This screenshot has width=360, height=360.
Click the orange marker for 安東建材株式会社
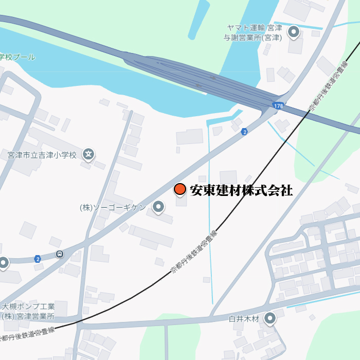click(x=179, y=190)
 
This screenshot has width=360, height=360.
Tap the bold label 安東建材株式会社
click(x=241, y=190)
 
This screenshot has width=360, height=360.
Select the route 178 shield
click(x=277, y=105)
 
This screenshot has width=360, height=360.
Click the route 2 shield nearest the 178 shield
click(x=244, y=132)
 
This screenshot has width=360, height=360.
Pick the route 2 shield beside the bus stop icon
click(x=38, y=258)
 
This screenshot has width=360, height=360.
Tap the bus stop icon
click(x=60, y=254)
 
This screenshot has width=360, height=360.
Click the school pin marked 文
click(x=88, y=154)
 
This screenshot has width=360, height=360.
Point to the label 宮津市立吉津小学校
click(x=42, y=154)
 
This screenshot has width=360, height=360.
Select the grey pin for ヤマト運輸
click(x=294, y=32)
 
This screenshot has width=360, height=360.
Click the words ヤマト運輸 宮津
click(x=255, y=28)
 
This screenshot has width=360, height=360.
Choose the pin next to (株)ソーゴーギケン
click(x=158, y=207)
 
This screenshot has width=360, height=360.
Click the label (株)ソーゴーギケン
click(x=113, y=208)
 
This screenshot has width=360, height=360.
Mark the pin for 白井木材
click(x=269, y=318)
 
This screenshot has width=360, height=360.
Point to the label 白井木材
click(x=245, y=319)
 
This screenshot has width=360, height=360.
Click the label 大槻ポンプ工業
click(x=28, y=307)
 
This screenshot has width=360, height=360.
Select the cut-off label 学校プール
click(x=17, y=57)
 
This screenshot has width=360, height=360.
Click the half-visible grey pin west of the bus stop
click(x=3, y=263)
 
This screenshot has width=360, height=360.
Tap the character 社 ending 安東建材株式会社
click(x=286, y=190)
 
